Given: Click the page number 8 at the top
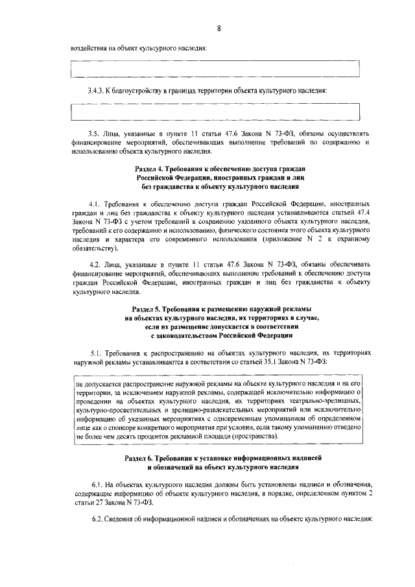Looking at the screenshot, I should coord(219,29).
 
